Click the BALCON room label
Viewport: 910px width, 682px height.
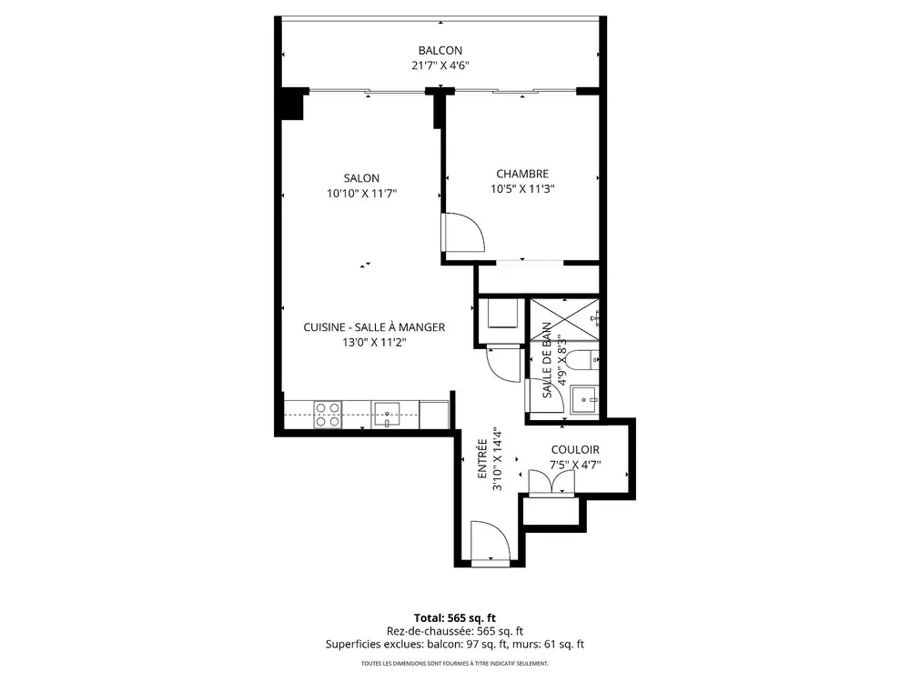pos(440,50)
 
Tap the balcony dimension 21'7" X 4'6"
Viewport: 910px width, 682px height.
pos(440,65)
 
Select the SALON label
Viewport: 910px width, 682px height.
pos(361,178)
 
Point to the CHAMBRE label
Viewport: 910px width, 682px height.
pos(522,174)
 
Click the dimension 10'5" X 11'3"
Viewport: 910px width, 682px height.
pos(522,188)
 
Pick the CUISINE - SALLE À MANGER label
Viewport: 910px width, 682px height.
pos(374,327)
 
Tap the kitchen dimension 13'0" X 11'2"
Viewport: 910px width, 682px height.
pos(374,342)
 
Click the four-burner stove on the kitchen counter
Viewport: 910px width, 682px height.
pos(328,415)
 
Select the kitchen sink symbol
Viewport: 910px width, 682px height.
pos(387,415)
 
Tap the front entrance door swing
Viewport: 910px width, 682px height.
pos(490,541)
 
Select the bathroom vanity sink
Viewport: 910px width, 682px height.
pos(584,399)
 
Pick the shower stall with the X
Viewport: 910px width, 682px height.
pos(564,319)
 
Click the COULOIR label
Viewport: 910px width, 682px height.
pos(575,449)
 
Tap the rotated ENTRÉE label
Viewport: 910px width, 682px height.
pos(482,458)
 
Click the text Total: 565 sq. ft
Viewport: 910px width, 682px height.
pos(455,617)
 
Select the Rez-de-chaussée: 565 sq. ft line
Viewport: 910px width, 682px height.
pos(455,631)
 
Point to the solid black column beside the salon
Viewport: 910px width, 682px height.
pos(293,104)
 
